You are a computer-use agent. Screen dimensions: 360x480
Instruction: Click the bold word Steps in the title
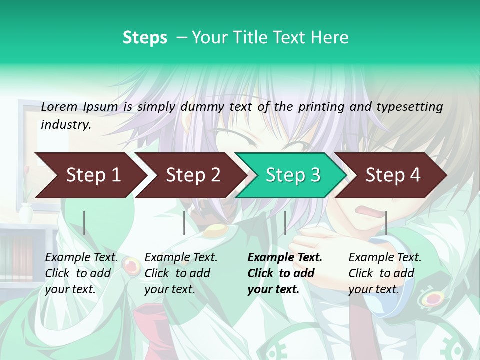[145, 37]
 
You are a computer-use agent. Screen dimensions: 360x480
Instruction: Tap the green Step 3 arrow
[293, 175]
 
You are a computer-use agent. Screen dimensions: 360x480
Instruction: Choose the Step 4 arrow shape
[393, 175]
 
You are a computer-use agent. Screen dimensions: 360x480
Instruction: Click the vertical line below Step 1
[84, 223]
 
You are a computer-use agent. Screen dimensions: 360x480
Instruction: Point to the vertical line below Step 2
[184, 223]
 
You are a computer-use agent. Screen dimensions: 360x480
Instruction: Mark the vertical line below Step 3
[285, 223]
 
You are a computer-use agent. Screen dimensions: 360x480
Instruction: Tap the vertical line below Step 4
[386, 223]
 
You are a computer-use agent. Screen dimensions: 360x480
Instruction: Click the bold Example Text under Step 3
[285, 258]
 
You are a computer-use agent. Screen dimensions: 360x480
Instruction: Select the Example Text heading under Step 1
[81, 258]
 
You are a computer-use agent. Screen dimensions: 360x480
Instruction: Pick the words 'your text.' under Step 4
[373, 289]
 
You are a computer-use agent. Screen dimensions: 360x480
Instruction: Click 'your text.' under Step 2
[169, 289]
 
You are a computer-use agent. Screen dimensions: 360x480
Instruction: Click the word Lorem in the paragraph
[59, 107]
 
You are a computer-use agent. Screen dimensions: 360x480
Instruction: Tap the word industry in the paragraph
[65, 124]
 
